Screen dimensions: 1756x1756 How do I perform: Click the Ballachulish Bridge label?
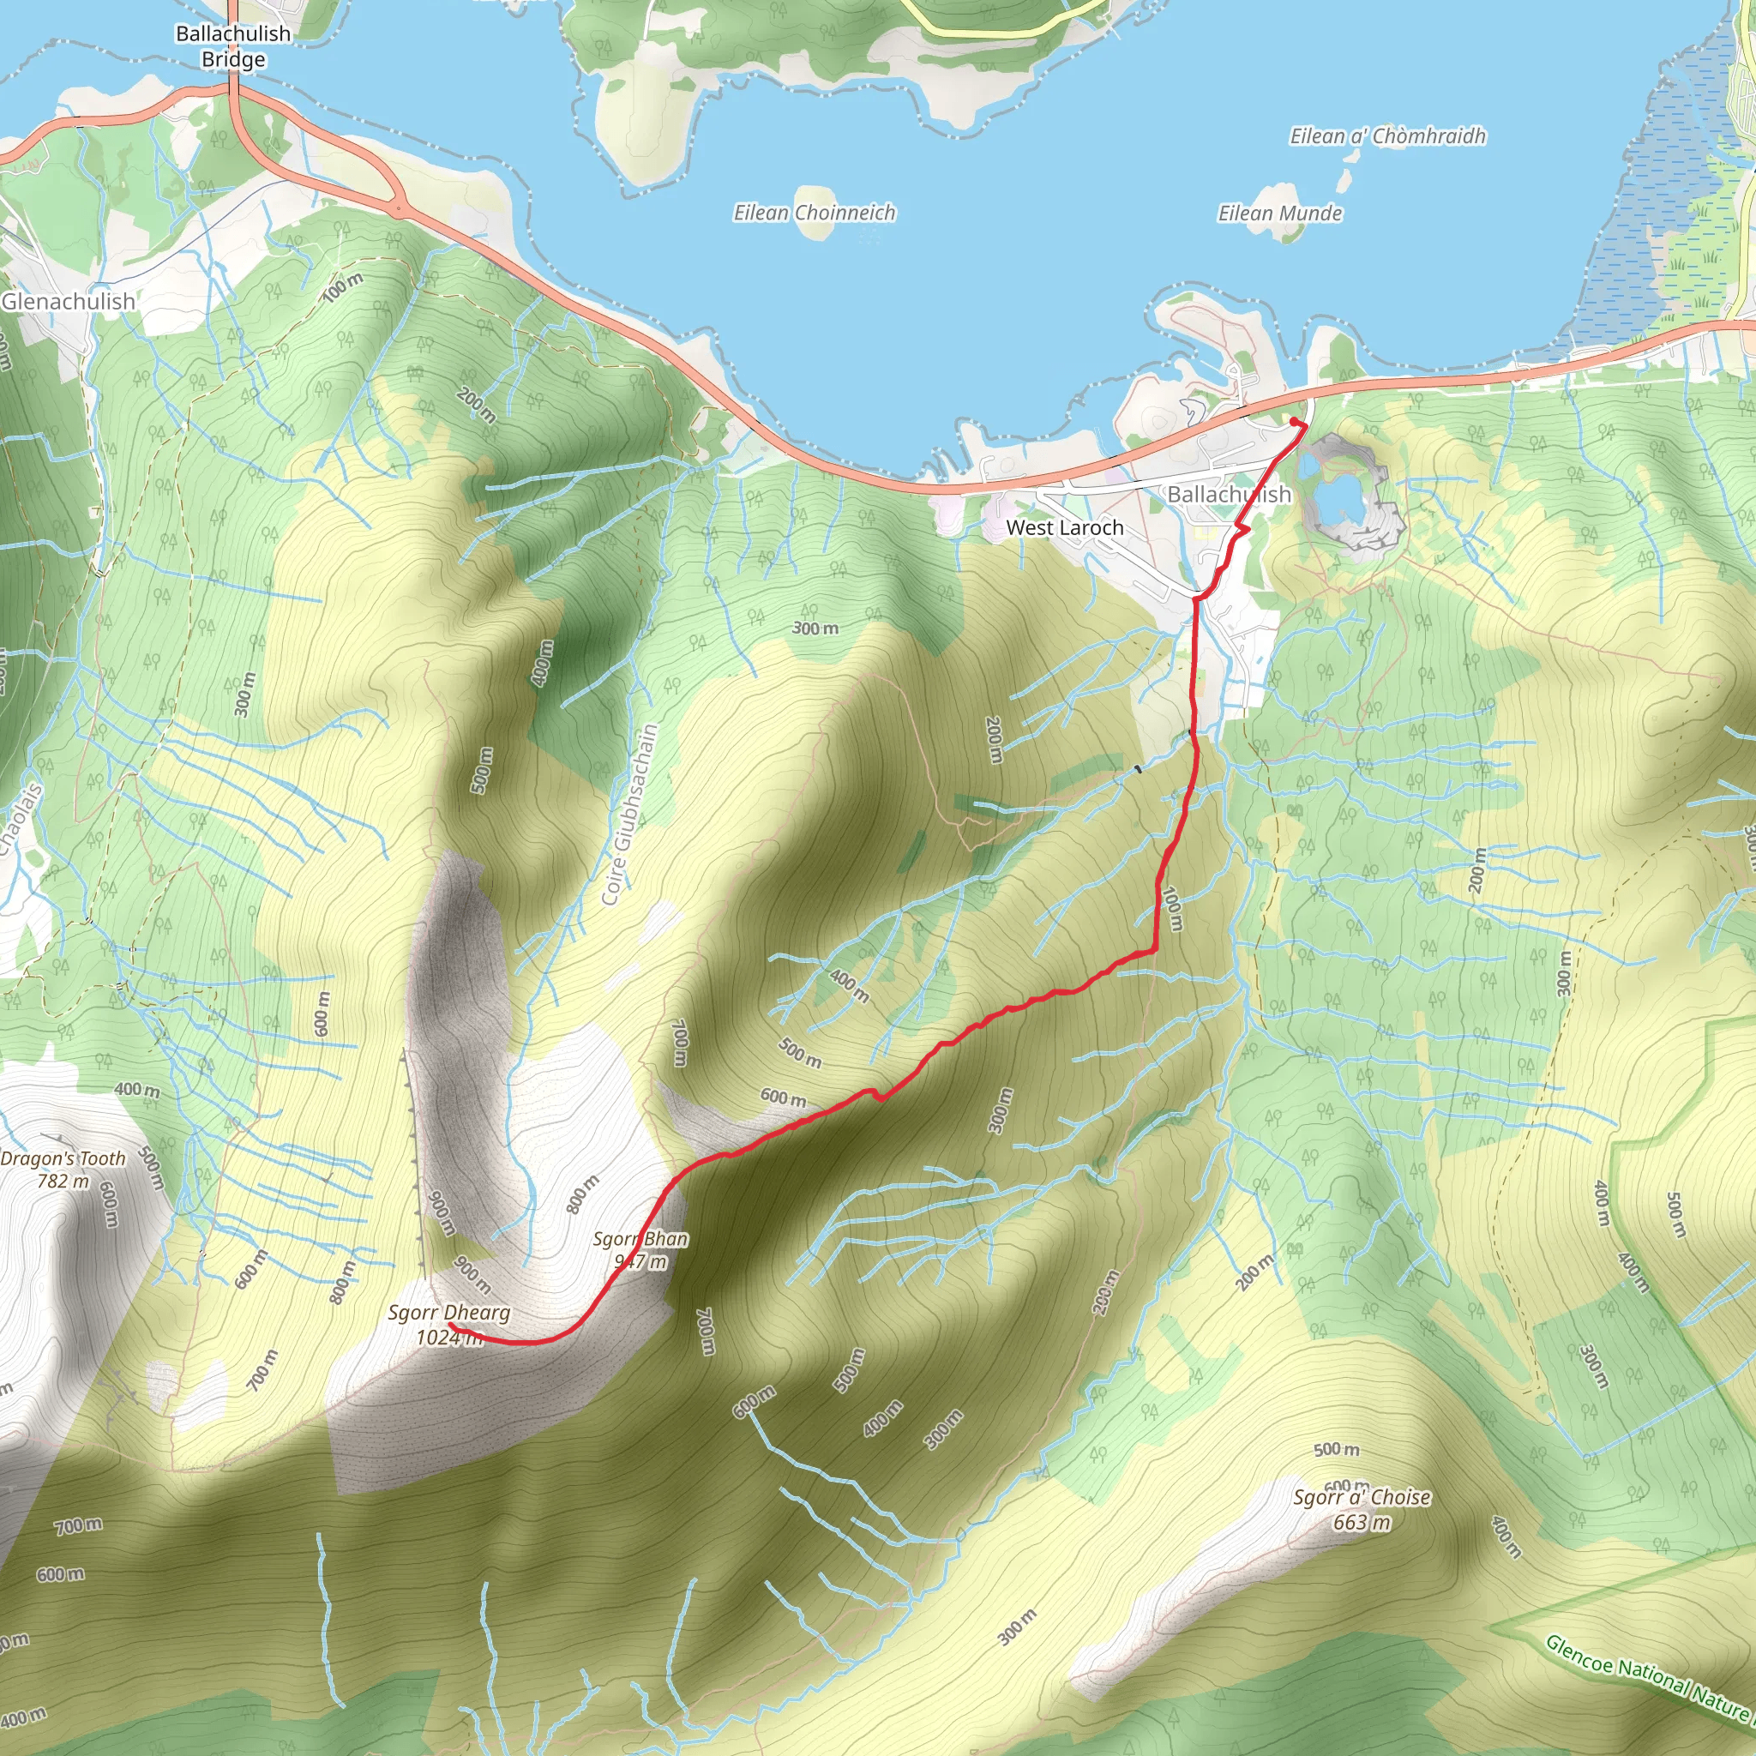click(x=232, y=46)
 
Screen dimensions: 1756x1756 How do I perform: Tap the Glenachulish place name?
click(x=69, y=301)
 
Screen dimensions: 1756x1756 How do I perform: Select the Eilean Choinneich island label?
click(x=815, y=213)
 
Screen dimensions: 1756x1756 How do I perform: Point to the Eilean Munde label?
click(x=1280, y=213)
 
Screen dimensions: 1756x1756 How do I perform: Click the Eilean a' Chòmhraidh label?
click(x=1388, y=136)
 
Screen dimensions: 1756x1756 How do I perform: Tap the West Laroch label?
click(x=1064, y=527)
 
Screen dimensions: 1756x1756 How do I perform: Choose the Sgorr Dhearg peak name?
click(x=449, y=1313)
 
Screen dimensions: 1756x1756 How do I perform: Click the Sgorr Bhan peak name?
click(x=640, y=1239)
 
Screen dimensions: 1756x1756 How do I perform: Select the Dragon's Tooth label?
click(x=63, y=1159)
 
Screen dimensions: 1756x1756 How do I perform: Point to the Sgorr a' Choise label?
click(x=1362, y=1497)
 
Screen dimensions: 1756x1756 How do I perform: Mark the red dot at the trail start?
click(x=1293, y=421)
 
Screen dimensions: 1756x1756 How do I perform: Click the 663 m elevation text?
click(x=1362, y=1523)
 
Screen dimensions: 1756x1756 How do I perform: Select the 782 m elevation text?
click(x=63, y=1182)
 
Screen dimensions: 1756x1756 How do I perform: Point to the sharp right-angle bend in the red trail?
click(x=1154, y=951)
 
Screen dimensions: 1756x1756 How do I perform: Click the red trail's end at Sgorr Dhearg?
click(x=451, y=1326)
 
